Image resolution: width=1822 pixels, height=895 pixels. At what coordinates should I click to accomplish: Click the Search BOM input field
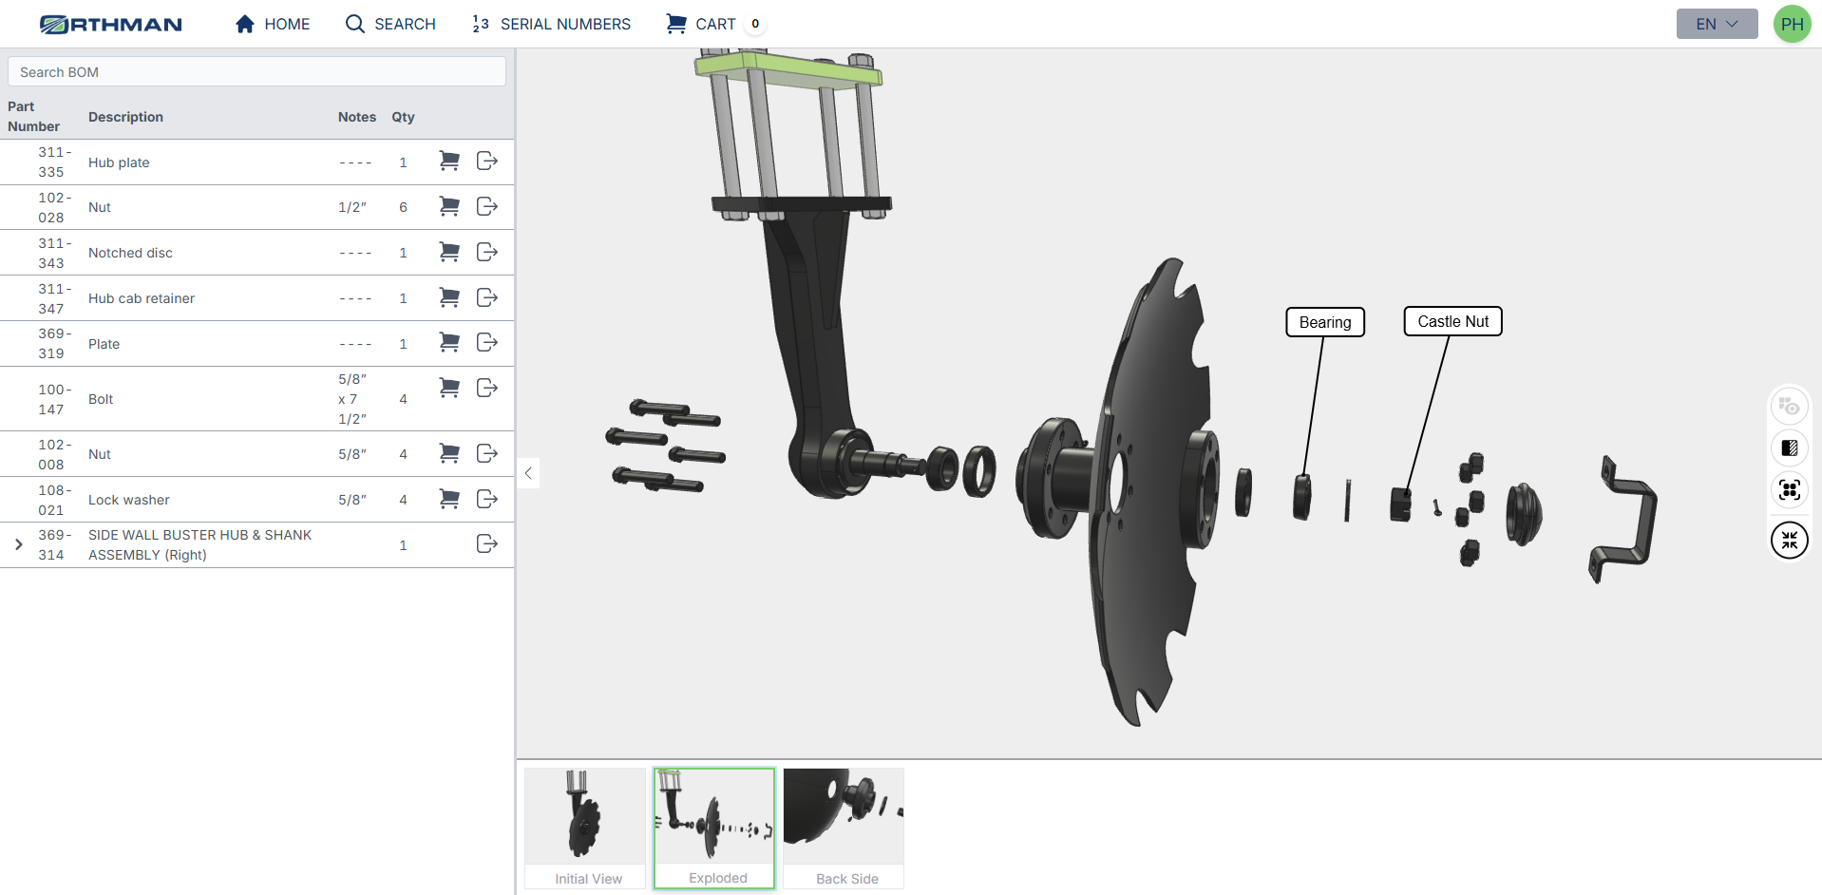pyautogui.click(x=256, y=72)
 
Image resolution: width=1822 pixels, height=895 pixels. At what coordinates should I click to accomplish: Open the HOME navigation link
pyautogui.click(x=273, y=24)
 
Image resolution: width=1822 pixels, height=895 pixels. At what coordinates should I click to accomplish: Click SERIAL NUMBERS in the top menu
pyautogui.click(x=551, y=24)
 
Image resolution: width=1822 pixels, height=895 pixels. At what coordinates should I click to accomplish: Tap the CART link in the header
pyautogui.click(x=702, y=24)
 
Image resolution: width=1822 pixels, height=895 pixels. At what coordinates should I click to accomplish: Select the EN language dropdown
pyautogui.click(x=1716, y=24)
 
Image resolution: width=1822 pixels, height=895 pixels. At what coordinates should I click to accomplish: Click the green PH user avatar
pyautogui.click(x=1792, y=25)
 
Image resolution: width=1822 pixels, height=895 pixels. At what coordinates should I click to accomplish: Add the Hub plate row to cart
pyautogui.click(x=449, y=162)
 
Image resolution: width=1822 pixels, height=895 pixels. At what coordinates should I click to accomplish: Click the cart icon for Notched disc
pyautogui.click(x=449, y=252)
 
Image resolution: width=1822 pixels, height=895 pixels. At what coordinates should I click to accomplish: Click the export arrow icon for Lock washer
pyautogui.click(x=487, y=499)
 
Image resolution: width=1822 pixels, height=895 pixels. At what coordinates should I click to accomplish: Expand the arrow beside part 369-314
pyautogui.click(x=19, y=544)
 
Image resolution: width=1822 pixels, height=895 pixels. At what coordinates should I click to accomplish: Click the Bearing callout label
pyautogui.click(x=1324, y=322)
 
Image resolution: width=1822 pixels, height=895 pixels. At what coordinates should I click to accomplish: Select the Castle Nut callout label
pyautogui.click(x=1452, y=321)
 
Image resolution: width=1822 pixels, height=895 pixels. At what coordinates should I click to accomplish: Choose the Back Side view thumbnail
pyautogui.click(x=844, y=828)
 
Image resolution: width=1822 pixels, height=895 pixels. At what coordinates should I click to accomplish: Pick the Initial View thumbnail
pyautogui.click(x=585, y=828)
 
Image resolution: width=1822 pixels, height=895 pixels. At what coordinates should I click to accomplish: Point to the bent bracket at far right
pyautogui.click(x=1626, y=518)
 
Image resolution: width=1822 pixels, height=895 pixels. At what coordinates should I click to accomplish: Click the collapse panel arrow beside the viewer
pyautogui.click(x=528, y=473)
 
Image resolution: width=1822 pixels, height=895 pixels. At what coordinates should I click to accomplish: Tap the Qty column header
pyautogui.click(x=403, y=117)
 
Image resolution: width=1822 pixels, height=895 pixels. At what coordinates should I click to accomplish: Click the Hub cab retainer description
pyautogui.click(x=142, y=298)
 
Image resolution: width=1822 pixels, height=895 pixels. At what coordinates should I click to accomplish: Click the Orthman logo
pyautogui.click(x=111, y=24)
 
